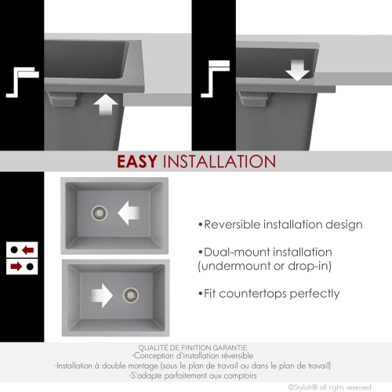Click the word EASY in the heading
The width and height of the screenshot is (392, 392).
137,162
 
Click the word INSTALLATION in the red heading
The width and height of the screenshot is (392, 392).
220,162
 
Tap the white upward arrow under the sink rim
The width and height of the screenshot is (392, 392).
106,104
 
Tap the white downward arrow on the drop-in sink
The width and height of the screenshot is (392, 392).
297,70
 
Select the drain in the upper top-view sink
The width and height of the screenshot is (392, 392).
100,213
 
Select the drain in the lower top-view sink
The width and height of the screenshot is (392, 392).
131,296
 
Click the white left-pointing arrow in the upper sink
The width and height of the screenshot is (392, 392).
129,213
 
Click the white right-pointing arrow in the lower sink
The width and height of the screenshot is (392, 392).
102,296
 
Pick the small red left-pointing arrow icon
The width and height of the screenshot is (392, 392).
27,250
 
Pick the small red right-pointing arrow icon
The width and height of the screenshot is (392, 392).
16,267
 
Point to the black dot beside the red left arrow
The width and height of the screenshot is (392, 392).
14,250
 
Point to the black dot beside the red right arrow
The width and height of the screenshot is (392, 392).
30,267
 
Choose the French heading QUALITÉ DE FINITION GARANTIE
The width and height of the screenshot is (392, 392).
193,348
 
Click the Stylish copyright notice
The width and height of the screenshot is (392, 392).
329,387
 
